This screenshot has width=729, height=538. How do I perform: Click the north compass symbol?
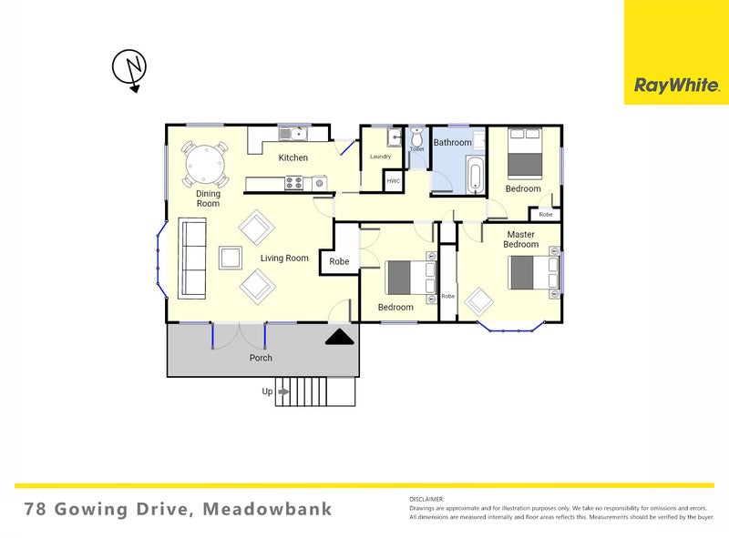tap(129, 69)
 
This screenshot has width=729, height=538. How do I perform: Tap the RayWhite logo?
tap(676, 86)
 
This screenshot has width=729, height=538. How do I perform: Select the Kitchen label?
tap(293, 157)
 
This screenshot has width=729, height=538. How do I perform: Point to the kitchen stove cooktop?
tap(293, 182)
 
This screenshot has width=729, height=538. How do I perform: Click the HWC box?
tap(394, 181)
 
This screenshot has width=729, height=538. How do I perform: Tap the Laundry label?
tap(380, 157)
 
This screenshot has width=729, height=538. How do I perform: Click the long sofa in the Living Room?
tap(192, 258)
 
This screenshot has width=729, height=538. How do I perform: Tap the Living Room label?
tap(284, 258)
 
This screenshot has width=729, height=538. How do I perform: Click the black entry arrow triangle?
tap(341, 338)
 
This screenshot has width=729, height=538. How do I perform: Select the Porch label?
tap(261, 358)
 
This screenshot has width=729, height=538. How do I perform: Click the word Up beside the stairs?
tap(267, 391)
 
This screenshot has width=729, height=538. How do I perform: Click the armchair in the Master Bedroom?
tap(479, 300)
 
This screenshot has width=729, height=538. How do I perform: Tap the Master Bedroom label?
tap(521, 239)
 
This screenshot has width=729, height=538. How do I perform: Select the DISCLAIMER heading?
tap(426, 499)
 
